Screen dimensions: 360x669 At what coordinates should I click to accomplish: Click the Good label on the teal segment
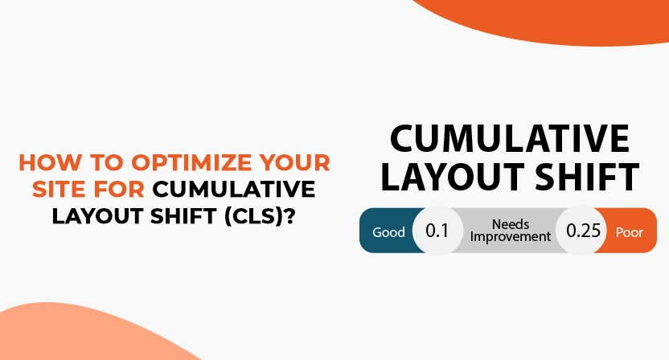click(388, 232)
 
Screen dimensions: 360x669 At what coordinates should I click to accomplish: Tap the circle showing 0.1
click(436, 231)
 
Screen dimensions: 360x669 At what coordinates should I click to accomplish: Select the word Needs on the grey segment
click(511, 223)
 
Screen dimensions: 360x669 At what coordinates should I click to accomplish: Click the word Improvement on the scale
click(511, 237)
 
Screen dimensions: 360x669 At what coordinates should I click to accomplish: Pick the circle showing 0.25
click(583, 231)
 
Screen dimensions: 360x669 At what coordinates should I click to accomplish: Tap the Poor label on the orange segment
click(630, 232)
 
